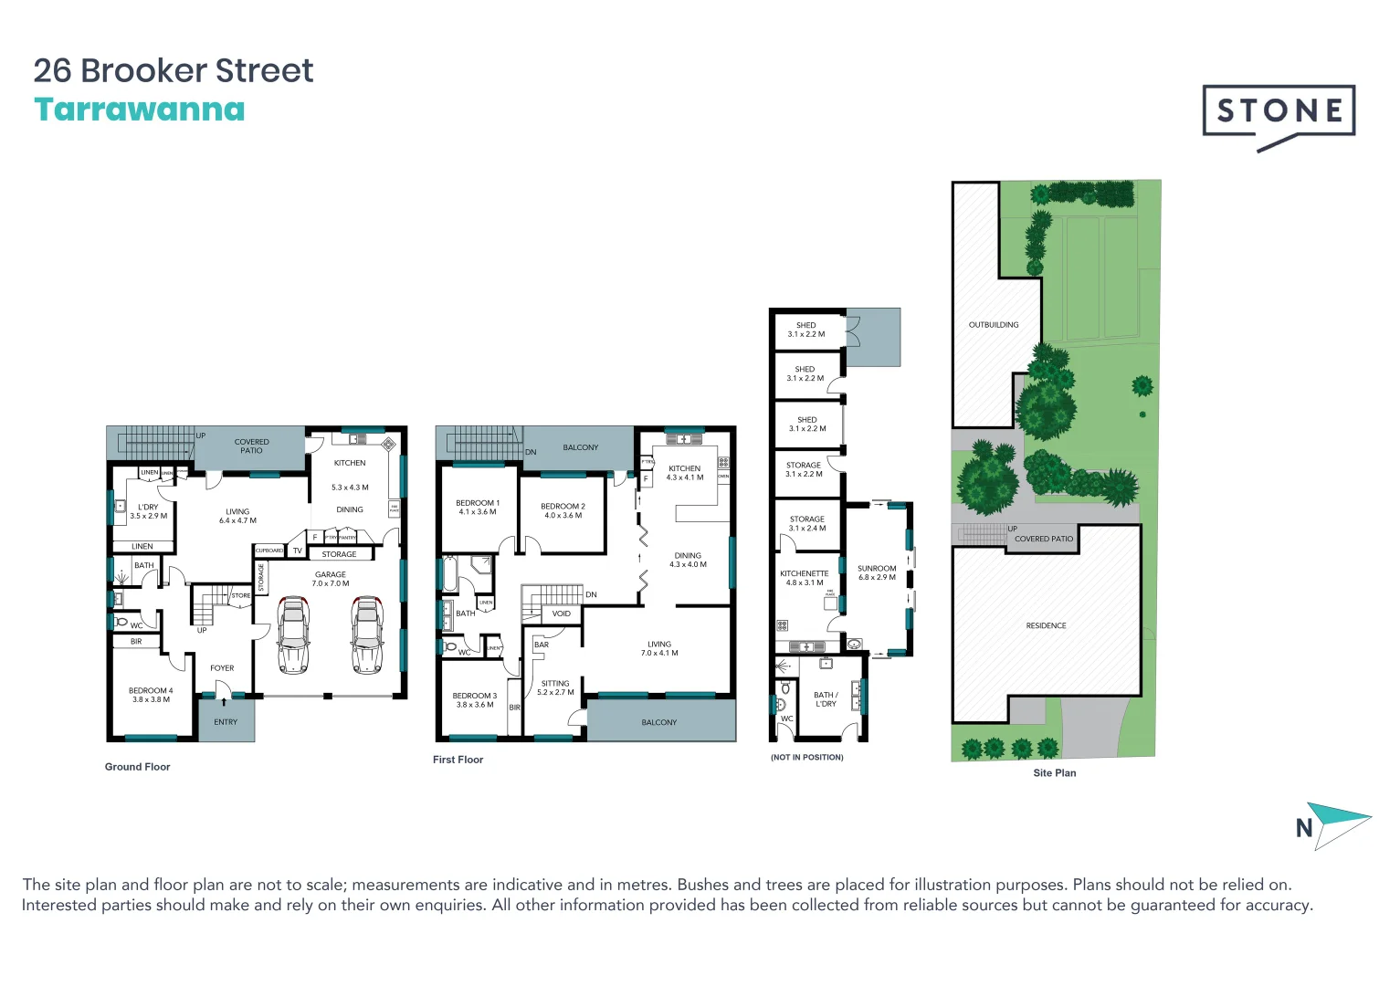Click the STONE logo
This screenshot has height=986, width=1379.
[1279, 111]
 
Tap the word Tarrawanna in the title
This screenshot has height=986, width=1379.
[140, 110]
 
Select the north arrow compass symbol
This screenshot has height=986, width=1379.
[1335, 825]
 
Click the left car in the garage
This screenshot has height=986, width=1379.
[293, 635]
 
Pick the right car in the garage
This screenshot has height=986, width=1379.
[366, 635]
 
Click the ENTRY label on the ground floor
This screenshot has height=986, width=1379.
[226, 722]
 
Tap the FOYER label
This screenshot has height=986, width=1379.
[222, 668]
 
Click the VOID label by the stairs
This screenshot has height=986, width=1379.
[562, 614]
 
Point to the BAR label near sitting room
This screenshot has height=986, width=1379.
[542, 645]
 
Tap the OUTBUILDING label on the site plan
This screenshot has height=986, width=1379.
[994, 325]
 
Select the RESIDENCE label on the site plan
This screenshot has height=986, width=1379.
[1046, 625]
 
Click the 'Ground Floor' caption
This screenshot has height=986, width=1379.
[137, 767]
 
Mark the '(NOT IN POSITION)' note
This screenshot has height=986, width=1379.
[807, 757]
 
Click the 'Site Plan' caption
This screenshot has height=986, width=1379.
[1054, 772]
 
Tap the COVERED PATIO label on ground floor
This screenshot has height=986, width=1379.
[251, 446]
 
